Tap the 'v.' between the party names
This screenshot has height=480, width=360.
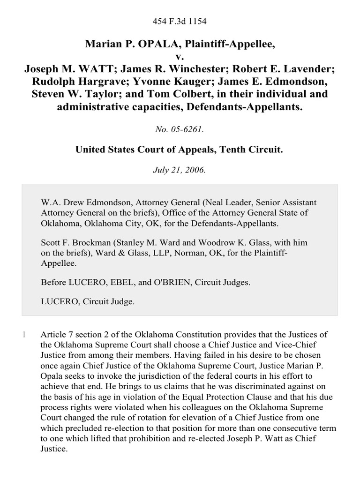click(x=180, y=57)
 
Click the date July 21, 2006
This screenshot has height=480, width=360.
click(x=180, y=170)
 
